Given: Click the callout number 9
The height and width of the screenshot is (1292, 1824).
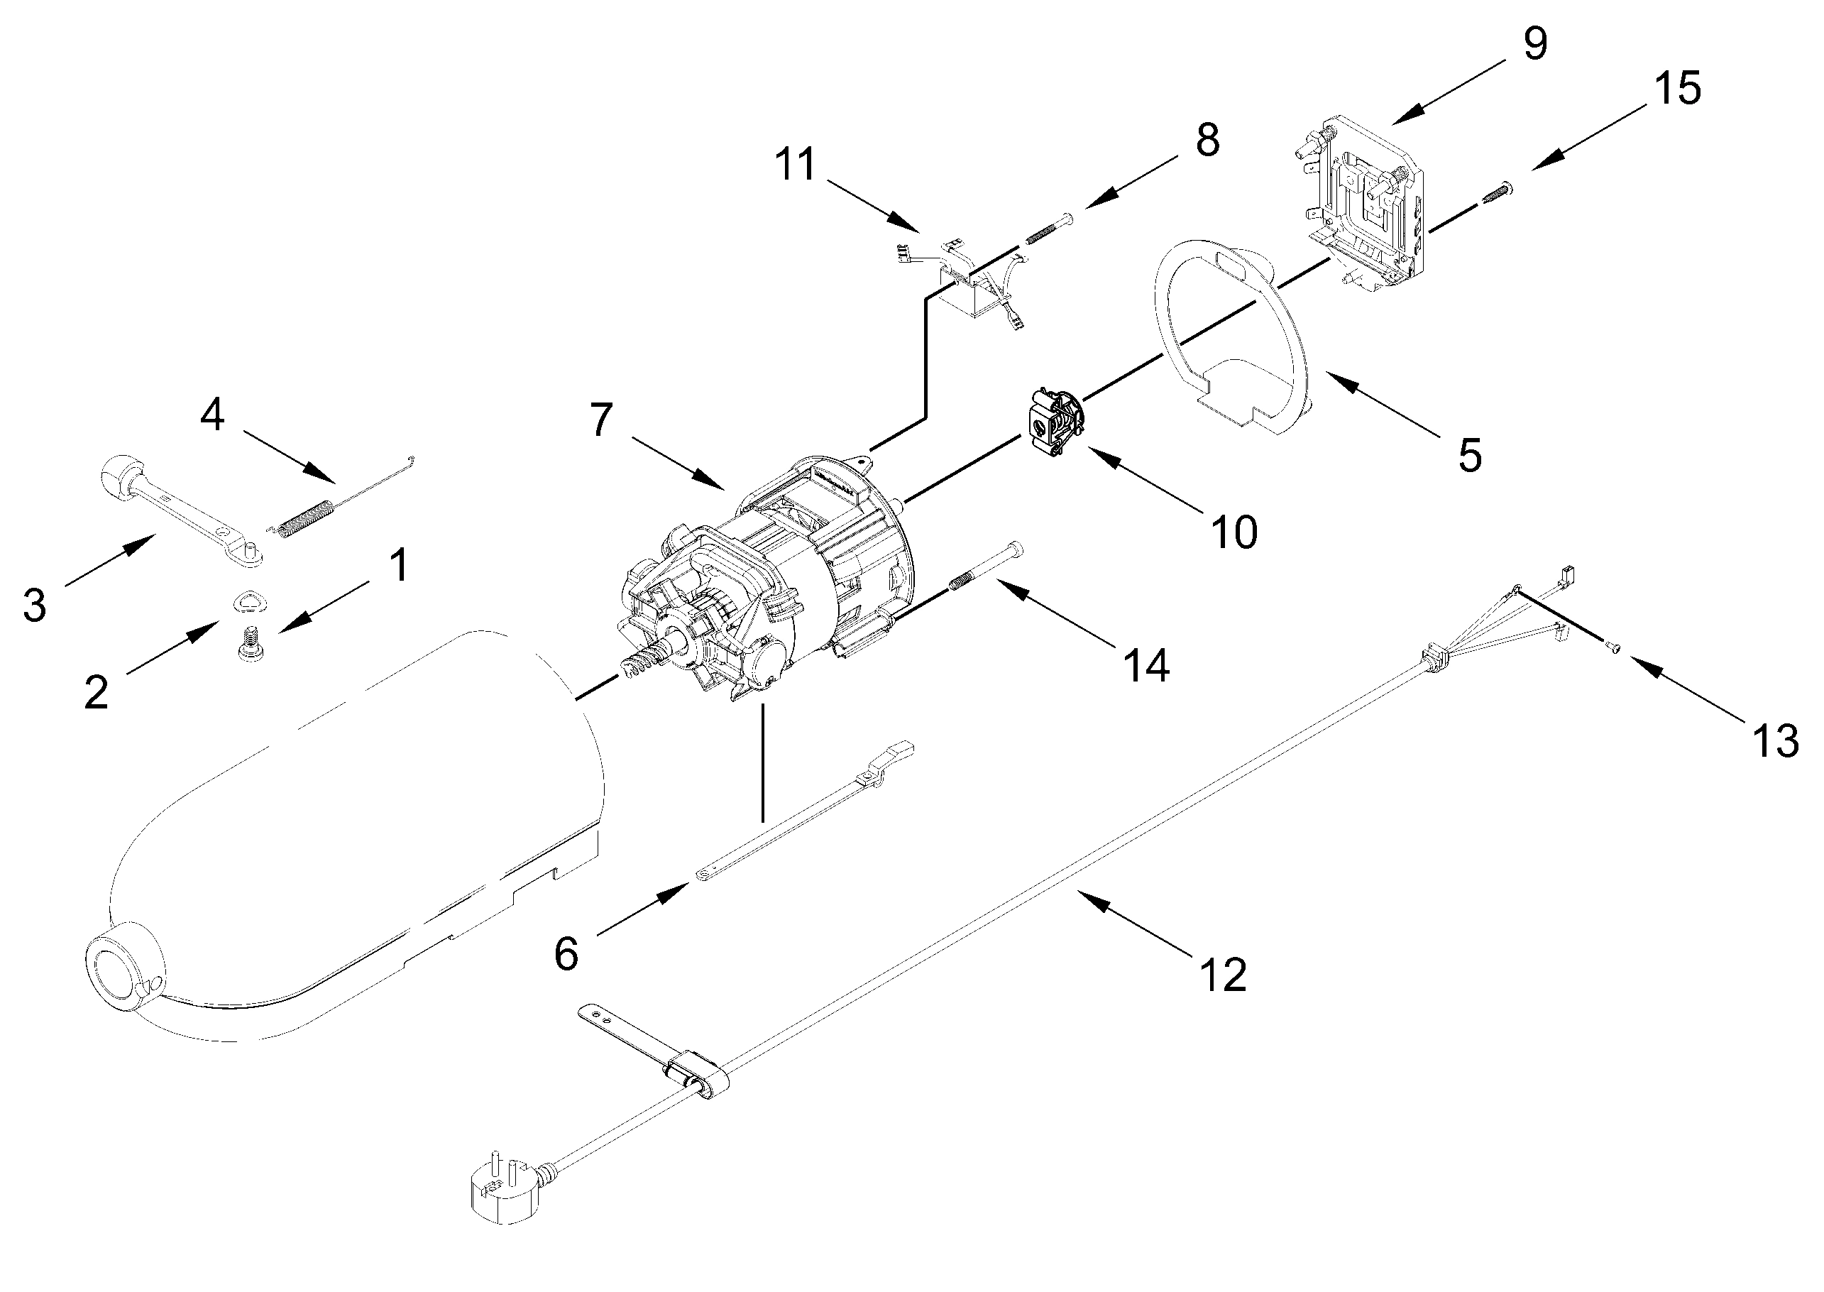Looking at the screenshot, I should click(1534, 44).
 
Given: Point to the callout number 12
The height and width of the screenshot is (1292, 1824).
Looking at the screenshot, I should click(1223, 974).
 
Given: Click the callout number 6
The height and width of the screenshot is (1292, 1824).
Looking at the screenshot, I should click(566, 954).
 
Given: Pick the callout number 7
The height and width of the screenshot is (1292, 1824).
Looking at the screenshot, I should click(601, 420).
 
